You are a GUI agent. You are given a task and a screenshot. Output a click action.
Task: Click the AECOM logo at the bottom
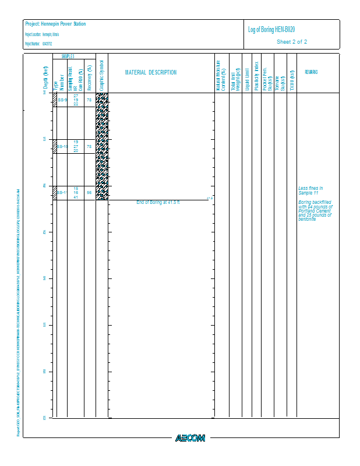pyautogui.click(x=190, y=438)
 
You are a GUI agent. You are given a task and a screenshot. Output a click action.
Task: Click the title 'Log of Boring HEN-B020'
pyautogui.click(x=274, y=30)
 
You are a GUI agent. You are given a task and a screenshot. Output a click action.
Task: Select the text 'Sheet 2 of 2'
pyautogui.click(x=292, y=42)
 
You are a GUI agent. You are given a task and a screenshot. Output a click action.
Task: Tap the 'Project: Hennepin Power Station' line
pyautogui.click(x=55, y=24)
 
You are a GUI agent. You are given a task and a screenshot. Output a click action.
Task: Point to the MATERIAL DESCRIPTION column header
pyautogui.click(x=151, y=73)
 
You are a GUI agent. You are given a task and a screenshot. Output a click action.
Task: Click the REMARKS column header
pyautogui.click(x=310, y=72)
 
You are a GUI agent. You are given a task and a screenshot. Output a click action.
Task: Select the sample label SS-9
pyautogui.click(x=62, y=100)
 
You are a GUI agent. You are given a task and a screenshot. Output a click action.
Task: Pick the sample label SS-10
pyautogui.click(x=62, y=146)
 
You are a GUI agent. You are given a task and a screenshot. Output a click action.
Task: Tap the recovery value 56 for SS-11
pyautogui.click(x=89, y=192)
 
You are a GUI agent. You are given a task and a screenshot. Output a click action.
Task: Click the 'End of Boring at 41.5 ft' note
pyautogui.click(x=158, y=202)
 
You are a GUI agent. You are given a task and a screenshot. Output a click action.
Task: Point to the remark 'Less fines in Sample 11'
pyautogui.click(x=310, y=190)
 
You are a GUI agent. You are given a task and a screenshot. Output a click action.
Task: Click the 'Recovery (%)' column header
pyautogui.click(x=89, y=75)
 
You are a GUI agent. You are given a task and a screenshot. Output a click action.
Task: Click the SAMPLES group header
pyautogui.click(x=68, y=56)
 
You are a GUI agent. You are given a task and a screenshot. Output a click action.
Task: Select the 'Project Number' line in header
pyautogui.click(x=38, y=44)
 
